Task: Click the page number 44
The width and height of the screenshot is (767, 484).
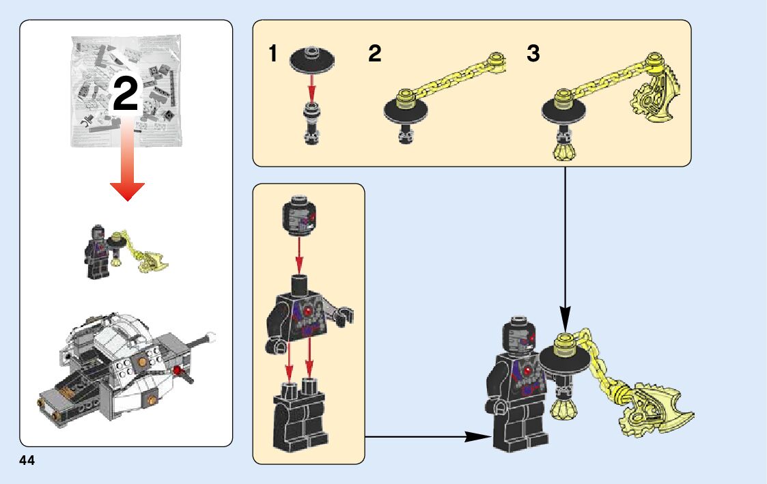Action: click(x=27, y=461)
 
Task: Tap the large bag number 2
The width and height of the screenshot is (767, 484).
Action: click(x=126, y=95)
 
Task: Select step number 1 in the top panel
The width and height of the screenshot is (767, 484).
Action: click(x=273, y=54)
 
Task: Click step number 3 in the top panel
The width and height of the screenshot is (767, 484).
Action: click(x=533, y=54)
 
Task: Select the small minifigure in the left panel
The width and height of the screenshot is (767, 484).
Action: click(x=97, y=253)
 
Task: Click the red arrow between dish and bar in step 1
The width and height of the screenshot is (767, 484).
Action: click(x=311, y=85)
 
